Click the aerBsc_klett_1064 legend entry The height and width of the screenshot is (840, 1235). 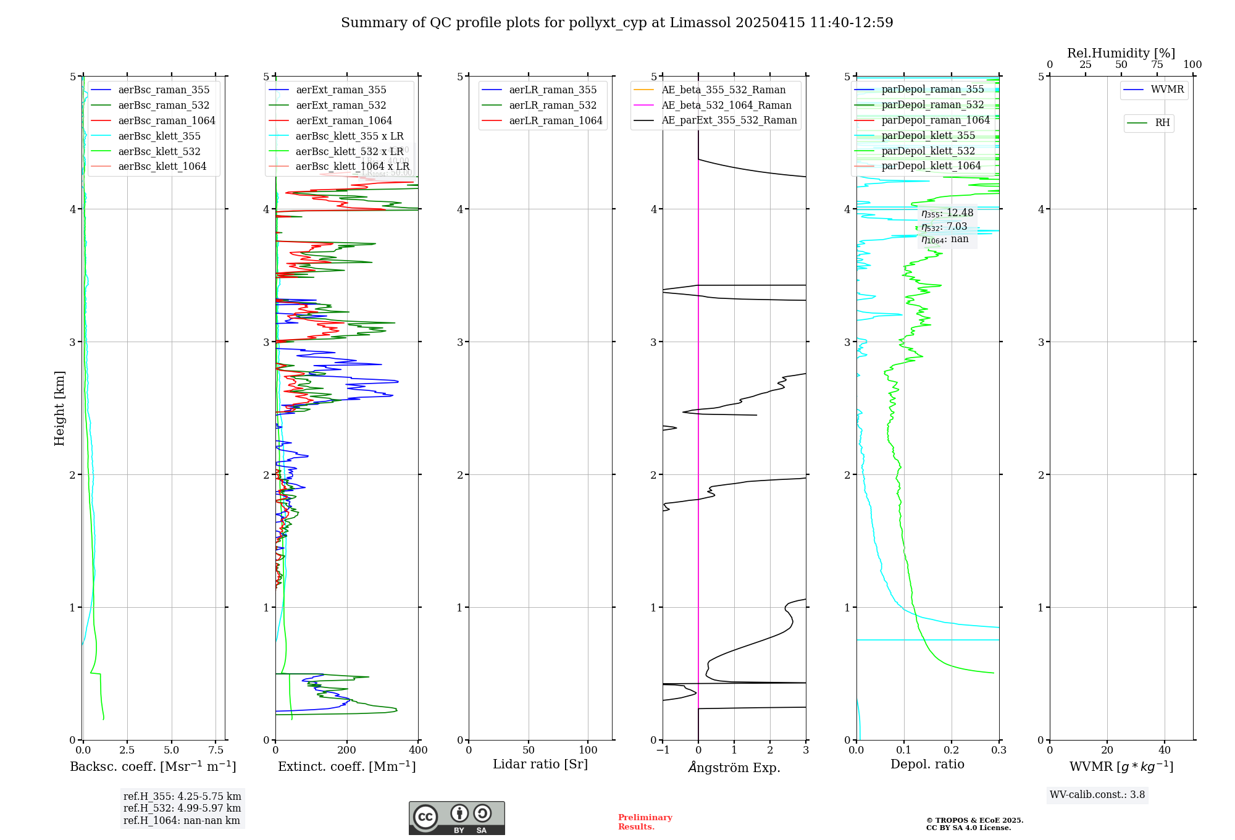click(162, 167)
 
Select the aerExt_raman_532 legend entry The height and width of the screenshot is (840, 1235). click(341, 106)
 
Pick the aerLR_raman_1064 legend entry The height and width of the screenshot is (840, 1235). click(555, 121)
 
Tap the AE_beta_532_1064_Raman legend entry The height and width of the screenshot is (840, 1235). click(726, 106)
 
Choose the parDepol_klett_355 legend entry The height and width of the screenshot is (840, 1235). click(928, 136)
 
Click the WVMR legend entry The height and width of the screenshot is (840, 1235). click(1167, 90)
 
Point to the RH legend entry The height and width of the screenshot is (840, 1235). click(1162, 123)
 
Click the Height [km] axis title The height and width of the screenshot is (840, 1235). click(59, 408)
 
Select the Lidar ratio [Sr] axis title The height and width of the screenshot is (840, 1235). click(540, 765)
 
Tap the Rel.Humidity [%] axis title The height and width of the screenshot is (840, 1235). click(1121, 53)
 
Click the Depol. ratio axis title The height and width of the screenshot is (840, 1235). click(927, 765)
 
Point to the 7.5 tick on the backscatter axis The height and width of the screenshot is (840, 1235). click(216, 750)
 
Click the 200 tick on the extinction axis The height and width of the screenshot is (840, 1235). click(347, 750)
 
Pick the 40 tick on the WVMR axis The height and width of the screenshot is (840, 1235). click(1165, 750)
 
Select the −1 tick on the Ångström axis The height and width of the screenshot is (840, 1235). click(663, 750)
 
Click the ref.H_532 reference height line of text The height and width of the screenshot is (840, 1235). click(182, 808)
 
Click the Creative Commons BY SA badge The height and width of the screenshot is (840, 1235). click(456, 818)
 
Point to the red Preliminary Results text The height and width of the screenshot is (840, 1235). click(645, 822)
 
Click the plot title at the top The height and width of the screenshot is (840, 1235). click(617, 23)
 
